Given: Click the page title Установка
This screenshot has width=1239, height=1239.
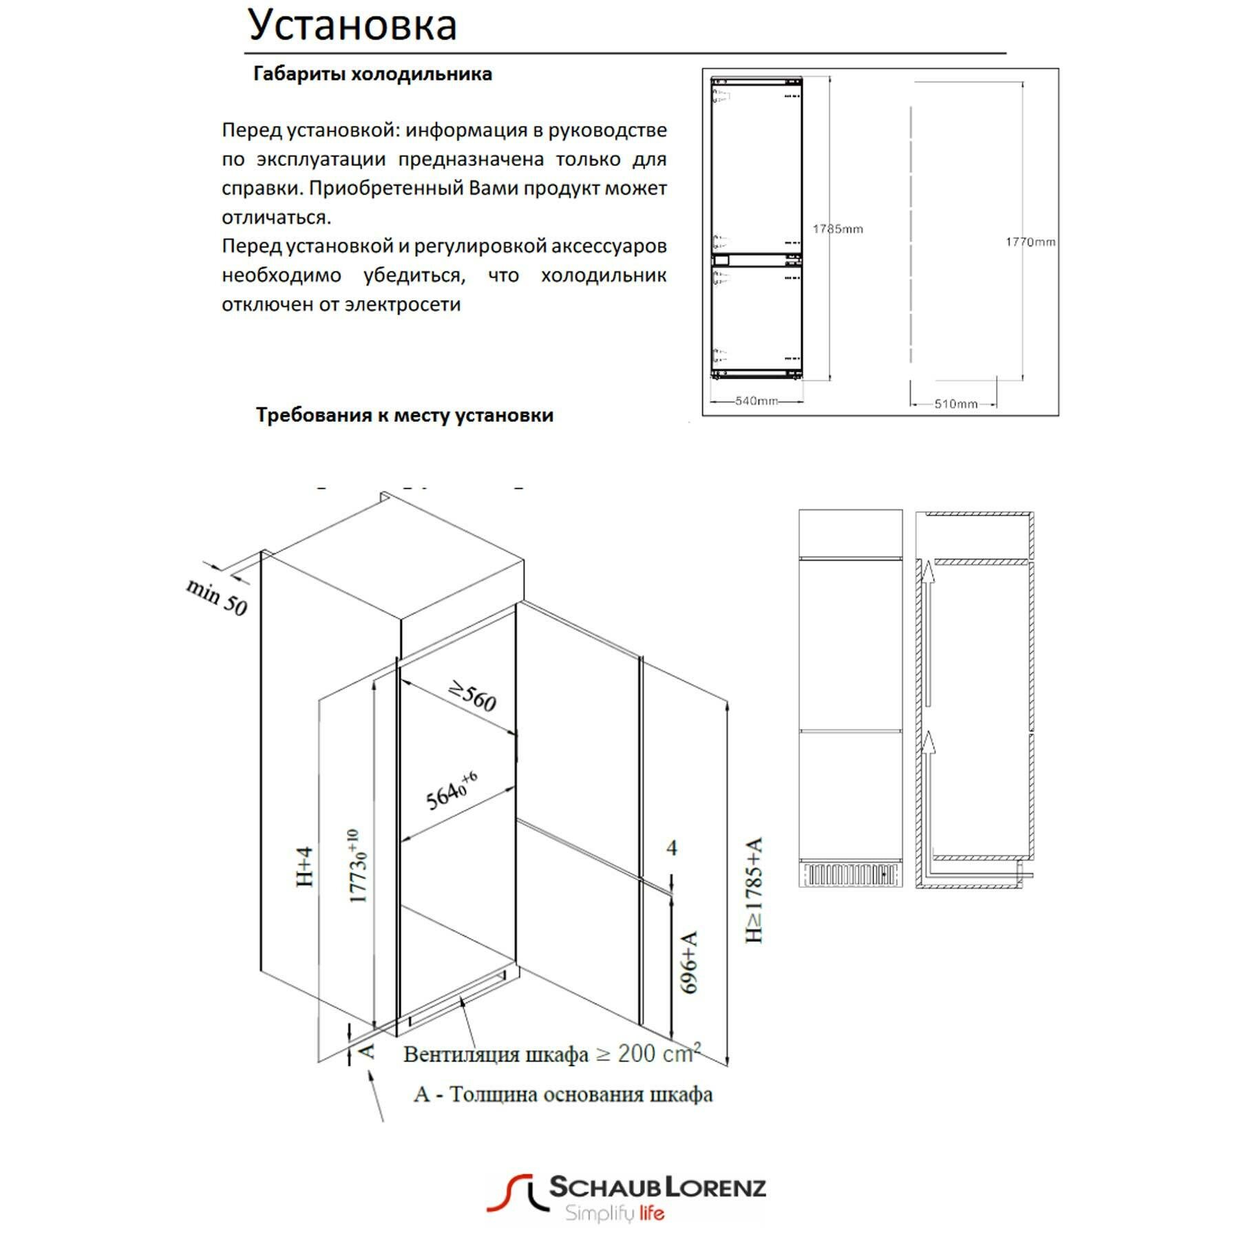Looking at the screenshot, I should tap(352, 25).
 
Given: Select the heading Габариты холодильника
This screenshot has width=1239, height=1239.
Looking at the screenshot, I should tap(372, 74).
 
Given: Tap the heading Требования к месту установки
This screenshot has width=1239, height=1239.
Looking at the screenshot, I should tap(405, 415).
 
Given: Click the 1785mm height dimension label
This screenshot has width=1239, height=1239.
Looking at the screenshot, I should tap(838, 229).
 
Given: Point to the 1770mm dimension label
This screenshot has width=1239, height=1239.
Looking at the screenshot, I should tap(1030, 242).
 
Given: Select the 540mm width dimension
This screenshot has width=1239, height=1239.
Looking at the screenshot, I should tap(756, 401).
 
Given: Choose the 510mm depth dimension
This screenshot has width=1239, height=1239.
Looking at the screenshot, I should tap(955, 404).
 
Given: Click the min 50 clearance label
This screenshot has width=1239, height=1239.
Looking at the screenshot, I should tap(216, 597).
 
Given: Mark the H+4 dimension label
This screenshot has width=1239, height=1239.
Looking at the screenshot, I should tap(305, 867).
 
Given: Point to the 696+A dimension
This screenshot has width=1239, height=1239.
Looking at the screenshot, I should tap(689, 962).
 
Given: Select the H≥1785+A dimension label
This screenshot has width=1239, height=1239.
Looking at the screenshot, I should tap(755, 890).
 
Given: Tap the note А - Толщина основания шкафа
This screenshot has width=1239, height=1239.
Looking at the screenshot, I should tap(563, 1094).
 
